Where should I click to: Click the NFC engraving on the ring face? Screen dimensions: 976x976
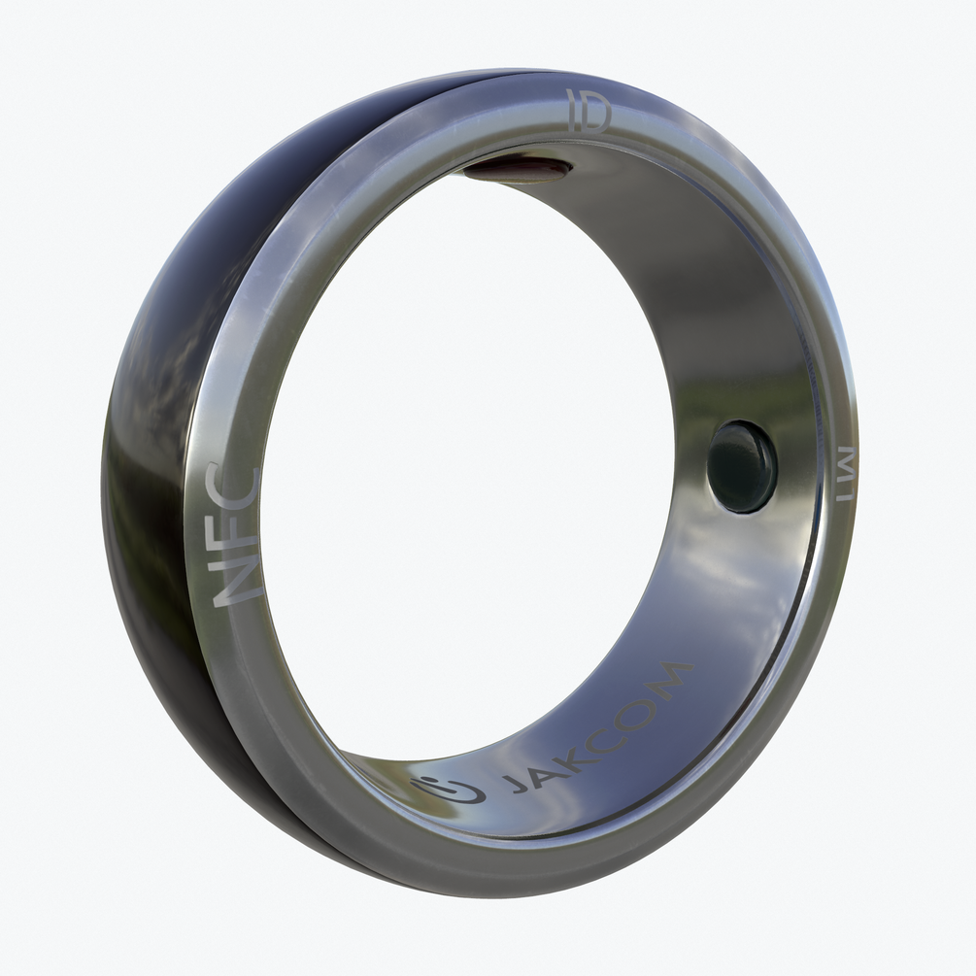coord(237,535)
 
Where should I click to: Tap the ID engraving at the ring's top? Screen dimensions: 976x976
coord(589,112)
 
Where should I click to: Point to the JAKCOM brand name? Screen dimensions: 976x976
coord(597,728)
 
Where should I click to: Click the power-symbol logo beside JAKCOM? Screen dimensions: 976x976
coord(450,790)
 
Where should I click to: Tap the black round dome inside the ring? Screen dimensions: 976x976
coord(742,466)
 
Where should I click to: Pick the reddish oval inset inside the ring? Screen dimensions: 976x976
coord(518,171)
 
